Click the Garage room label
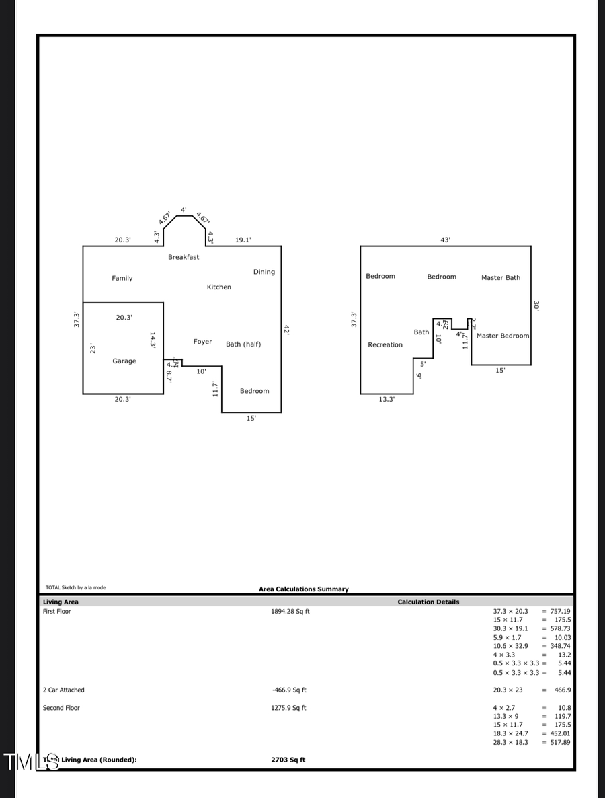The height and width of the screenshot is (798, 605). pyautogui.click(x=124, y=361)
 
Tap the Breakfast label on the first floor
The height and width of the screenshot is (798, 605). pyautogui.click(x=184, y=257)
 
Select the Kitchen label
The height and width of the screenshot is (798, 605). pyautogui.click(x=218, y=287)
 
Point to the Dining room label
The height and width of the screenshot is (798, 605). pyautogui.click(x=264, y=272)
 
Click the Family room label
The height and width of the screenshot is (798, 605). pyautogui.click(x=122, y=278)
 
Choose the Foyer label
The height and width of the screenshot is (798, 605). pyautogui.click(x=202, y=342)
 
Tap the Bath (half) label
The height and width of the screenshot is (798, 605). pyautogui.click(x=243, y=344)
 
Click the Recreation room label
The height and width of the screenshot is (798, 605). pyautogui.click(x=385, y=345)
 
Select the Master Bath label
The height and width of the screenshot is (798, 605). pyautogui.click(x=501, y=277)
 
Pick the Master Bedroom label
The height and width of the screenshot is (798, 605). pyautogui.click(x=503, y=336)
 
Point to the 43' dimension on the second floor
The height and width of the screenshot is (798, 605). pyautogui.click(x=445, y=240)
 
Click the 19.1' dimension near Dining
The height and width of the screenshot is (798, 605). pyautogui.click(x=243, y=240)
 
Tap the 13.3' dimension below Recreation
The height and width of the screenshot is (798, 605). pyautogui.click(x=387, y=399)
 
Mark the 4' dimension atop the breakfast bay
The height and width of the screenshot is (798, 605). pyautogui.click(x=184, y=210)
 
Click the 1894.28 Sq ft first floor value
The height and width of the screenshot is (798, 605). pyautogui.click(x=290, y=612)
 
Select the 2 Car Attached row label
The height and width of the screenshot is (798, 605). pyautogui.click(x=64, y=690)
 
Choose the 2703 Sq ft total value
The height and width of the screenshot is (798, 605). pyautogui.click(x=288, y=760)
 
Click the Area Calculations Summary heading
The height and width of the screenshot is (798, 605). pyautogui.click(x=304, y=589)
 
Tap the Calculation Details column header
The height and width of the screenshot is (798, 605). pyautogui.click(x=428, y=602)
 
